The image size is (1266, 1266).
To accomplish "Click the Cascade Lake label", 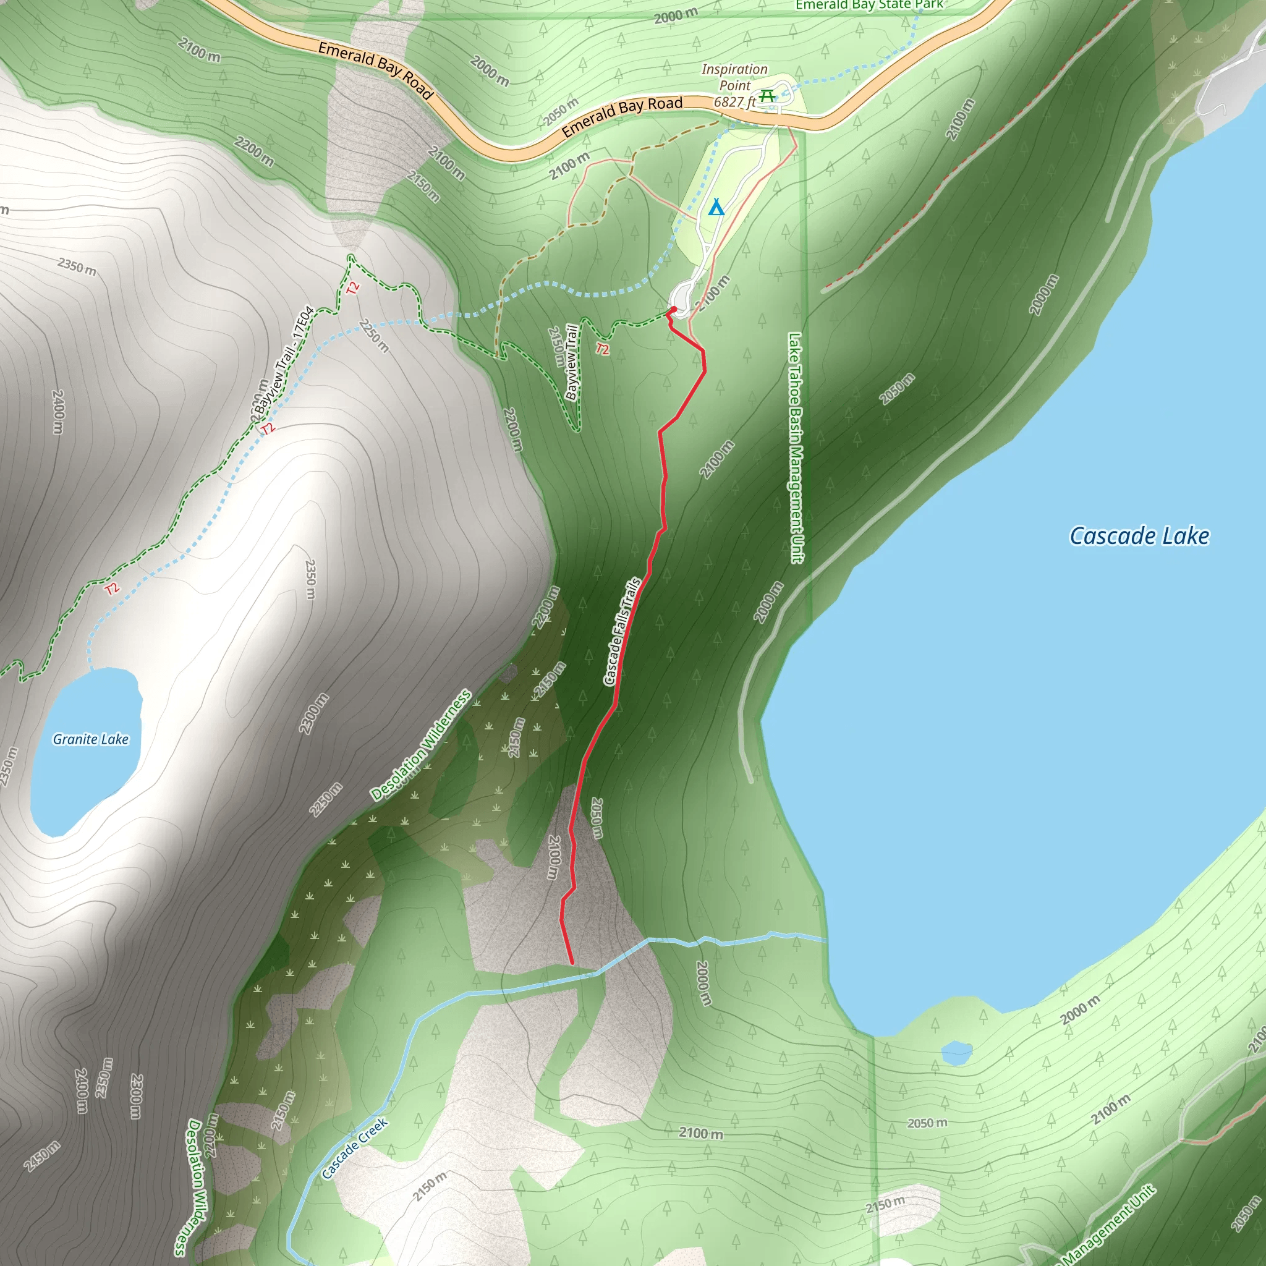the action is (1139, 536).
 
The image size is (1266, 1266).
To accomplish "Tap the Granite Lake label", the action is (90, 739).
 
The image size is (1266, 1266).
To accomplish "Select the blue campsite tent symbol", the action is (716, 208).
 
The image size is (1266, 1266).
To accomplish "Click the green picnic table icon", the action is (767, 96).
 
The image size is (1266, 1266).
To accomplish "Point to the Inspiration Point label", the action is (734, 77).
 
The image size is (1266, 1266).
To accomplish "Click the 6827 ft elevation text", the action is (734, 102).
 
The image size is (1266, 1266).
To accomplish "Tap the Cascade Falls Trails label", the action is (621, 631).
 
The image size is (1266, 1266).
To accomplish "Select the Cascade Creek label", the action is (354, 1149).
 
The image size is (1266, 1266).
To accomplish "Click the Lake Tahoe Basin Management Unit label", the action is (796, 447).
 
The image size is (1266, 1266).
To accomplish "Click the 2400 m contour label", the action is (57, 412).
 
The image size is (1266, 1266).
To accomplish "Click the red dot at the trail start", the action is (673, 309).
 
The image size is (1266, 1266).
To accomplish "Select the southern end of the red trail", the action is (572, 962).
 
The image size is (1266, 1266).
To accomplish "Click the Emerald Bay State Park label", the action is (869, 5).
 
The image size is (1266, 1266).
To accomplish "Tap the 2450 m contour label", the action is (41, 1155).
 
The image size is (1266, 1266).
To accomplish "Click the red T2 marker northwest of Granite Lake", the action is (112, 588).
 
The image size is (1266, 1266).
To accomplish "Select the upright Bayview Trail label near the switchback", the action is (571, 362).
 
